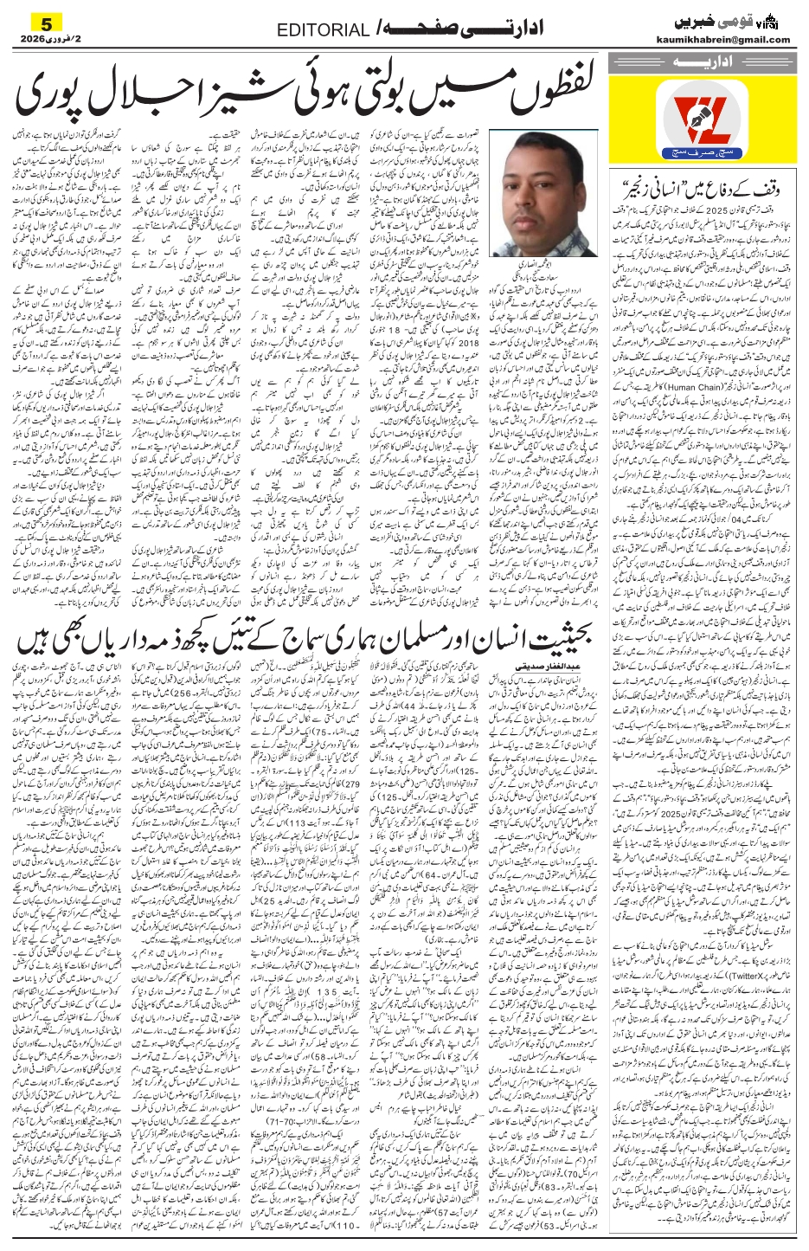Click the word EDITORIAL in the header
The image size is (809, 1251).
323,30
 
